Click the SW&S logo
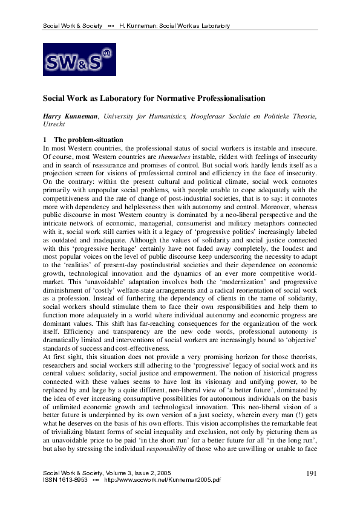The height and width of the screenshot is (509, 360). coord(78,59)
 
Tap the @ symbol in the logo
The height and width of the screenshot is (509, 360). coord(106,53)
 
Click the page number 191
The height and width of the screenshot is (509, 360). coord(312,472)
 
